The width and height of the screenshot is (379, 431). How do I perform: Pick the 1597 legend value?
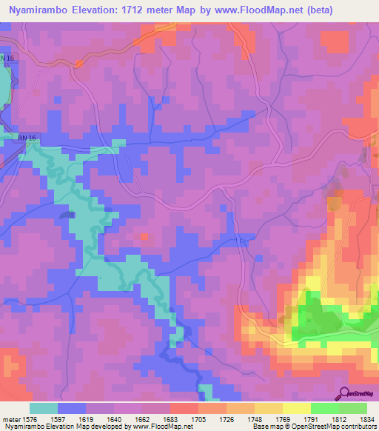pyautogui.click(x=66, y=419)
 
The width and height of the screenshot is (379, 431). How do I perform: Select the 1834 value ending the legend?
pyautogui.click(x=364, y=419)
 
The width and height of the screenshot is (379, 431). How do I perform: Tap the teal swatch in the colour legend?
pyautogui.click(x=44, y=408)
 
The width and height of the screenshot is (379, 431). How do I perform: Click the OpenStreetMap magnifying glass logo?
pyautogui.click(x=344, y=393)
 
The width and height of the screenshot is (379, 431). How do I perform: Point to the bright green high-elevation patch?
pyautogui.click(x=318, y=318)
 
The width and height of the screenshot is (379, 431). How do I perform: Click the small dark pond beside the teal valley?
pyautogui.click(x=68, y=214)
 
